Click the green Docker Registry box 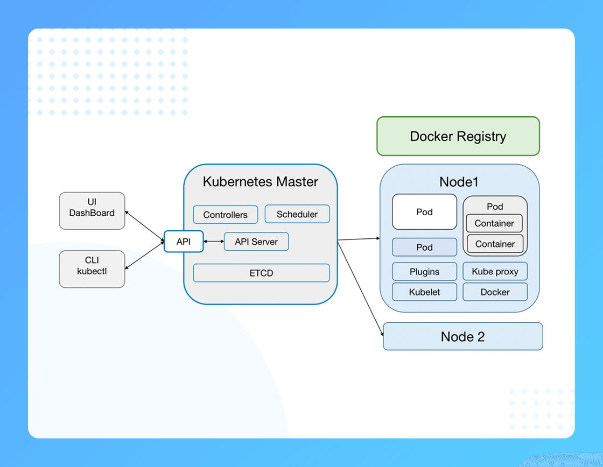pos(458,136)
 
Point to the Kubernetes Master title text pos(261,181)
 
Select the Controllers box pos(226,215)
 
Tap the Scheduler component pos(297,214)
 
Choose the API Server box pos(256,242)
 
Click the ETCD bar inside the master pos(261,273)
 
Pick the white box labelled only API pos(184,242)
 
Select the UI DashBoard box pos(92,210)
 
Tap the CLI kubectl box pos(92,269)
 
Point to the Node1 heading pos(459,182)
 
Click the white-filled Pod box pos(425,212)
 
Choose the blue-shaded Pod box pos(425,247)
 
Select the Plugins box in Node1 pos(425,272)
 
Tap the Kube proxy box pos(495,271)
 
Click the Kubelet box pos(425,292)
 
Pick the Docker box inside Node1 pos(495,292)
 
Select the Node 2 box pos(463,336)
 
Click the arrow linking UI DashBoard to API pos(145,227)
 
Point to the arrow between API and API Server pos(213,242)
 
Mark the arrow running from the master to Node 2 pos(360,288)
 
